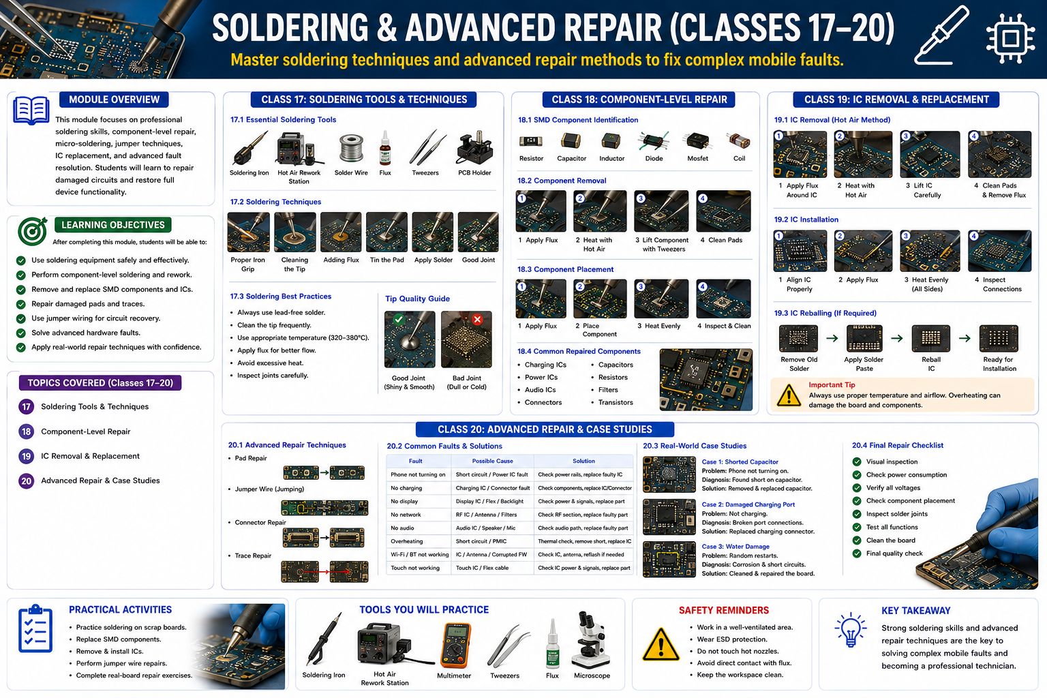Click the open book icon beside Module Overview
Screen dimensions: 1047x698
click(x=31, y=110)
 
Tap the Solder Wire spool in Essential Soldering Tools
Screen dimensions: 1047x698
click(x=351, y=149)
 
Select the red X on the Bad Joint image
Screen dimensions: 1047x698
click(x=477, y=319)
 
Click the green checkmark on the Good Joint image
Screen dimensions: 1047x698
click(x=399, y=319)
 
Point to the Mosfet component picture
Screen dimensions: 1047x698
click(x=697, y=140)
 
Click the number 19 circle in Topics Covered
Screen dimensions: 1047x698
click(x=26, y=456)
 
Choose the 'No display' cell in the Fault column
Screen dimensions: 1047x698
click(x=404, y=501)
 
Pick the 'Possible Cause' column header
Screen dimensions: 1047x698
click(x=492, y=461)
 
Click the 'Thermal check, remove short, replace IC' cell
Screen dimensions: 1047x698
click(x=584, y=541)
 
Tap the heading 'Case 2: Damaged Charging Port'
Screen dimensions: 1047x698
click(x=748, y=504)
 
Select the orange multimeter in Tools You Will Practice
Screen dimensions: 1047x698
click(x=455, y=645)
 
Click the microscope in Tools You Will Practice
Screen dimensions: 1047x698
click(x=590, y=640)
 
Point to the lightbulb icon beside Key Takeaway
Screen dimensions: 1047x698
click(x=850, y=629)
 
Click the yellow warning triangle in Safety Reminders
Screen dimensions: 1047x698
click(x=661, y=644)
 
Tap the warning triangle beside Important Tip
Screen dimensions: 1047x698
click(x=789, y=395)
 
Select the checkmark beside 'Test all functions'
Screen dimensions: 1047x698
click(x=857, y=527)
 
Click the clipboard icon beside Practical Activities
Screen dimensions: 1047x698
click(x=35, y=628)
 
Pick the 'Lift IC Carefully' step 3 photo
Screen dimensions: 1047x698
click(x=930, y=154)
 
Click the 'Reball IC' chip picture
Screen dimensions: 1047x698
click(x=930, y=338)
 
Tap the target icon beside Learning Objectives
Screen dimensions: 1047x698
click(x=32, y=231)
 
